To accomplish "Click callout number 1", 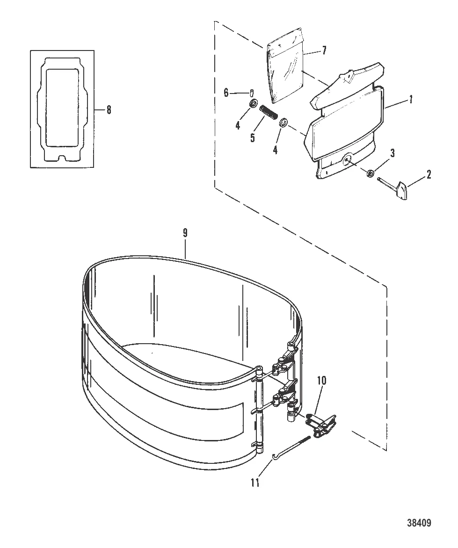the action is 411,100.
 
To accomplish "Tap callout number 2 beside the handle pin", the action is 429,174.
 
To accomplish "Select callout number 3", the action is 393,153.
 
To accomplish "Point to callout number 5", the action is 253,137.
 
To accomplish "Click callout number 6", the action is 226,93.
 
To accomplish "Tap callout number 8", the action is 109,110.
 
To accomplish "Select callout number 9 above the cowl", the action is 185,233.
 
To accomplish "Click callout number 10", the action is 321,380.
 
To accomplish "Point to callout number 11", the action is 255,483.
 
